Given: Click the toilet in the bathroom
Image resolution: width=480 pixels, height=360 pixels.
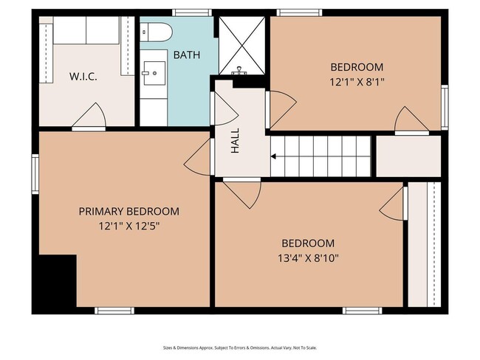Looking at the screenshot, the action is click(156, 32).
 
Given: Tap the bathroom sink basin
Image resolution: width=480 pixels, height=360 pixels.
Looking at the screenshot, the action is click(154, 73).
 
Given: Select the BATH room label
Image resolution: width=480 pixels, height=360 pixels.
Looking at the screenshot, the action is click(187, 55).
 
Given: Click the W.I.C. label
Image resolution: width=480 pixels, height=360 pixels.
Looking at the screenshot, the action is click(83, 77).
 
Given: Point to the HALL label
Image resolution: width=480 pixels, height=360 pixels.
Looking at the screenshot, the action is click(235, 140).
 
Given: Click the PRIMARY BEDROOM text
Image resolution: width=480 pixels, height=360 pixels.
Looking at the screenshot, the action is click(129, 211).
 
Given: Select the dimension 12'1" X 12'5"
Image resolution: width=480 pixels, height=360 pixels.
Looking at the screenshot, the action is click(129, 226).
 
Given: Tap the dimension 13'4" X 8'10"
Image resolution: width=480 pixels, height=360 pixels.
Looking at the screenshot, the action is click(308, 258).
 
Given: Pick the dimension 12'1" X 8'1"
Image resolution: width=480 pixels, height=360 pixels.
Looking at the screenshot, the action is click(357, 82).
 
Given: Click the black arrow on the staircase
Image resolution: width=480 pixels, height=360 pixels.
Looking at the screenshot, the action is click(273, 156).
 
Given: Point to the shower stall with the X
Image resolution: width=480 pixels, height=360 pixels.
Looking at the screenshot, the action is click(241, 46).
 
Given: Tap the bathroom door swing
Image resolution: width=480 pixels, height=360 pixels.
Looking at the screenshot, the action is click(224, 108).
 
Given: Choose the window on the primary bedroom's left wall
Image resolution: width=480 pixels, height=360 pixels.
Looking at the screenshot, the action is click(35, 174).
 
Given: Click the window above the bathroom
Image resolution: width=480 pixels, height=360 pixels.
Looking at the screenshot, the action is click(192, 13).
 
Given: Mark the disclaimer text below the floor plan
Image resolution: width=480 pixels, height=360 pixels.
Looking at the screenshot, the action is click(240, 347).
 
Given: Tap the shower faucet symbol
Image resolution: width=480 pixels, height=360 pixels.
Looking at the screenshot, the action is click(239, 72).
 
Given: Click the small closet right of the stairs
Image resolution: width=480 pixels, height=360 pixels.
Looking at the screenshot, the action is click(408, 156).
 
